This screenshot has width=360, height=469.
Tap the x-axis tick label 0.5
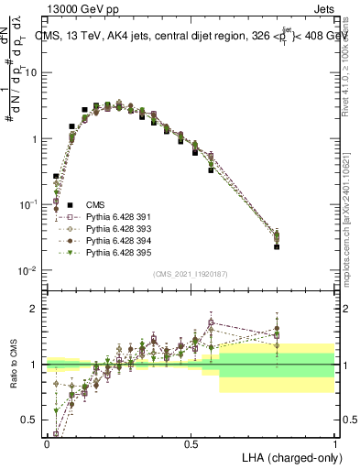(191, 442)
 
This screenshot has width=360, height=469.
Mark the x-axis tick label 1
(335, 442)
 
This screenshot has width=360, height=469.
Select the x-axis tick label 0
(46, 442)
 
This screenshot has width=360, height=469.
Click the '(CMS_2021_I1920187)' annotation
(191, 274)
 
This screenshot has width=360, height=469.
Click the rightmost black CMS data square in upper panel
(277, 246)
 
